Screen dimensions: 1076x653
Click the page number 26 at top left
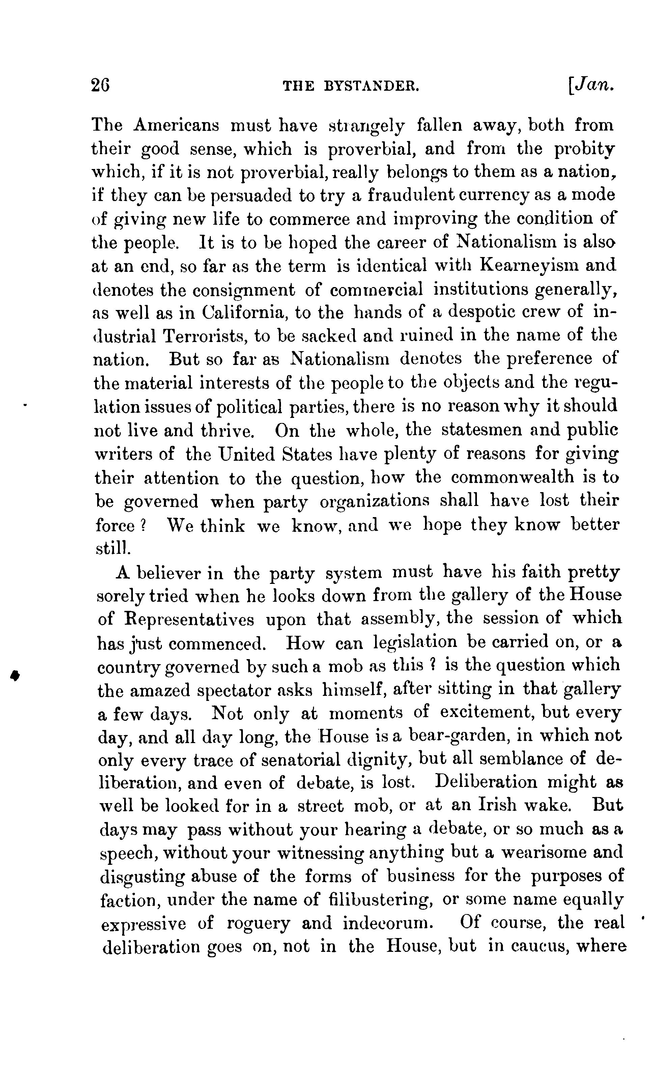(x=100, y=85)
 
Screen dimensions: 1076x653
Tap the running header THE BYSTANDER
(x=351, y=86)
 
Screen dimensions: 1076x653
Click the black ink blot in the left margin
(x=15, y=676)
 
